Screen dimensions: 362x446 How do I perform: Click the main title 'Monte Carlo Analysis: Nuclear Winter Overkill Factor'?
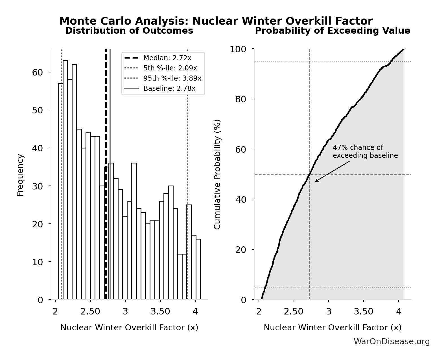(x=216, y=21)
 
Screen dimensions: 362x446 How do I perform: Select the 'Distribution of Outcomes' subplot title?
(x=129, y=31)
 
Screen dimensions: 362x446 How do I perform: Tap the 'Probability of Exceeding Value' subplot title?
(x=333, y=31)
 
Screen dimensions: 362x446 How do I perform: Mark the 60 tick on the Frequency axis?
(x=38, y=72)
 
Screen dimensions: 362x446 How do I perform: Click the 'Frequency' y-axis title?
(x=20, y=175)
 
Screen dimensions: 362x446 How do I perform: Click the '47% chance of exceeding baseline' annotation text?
(x=365, y=152)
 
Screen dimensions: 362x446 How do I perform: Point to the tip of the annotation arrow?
(x=315, y=182)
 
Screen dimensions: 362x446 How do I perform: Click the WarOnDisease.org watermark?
(x=392, y=342)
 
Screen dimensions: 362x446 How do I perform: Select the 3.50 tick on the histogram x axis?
(x=160, y=312)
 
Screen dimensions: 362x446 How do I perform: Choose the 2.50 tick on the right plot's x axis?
(x=294, y=312)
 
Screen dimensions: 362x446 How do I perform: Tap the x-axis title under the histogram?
(x=129, y=327)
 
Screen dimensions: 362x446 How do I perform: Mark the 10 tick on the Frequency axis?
(x=38, y=262)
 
